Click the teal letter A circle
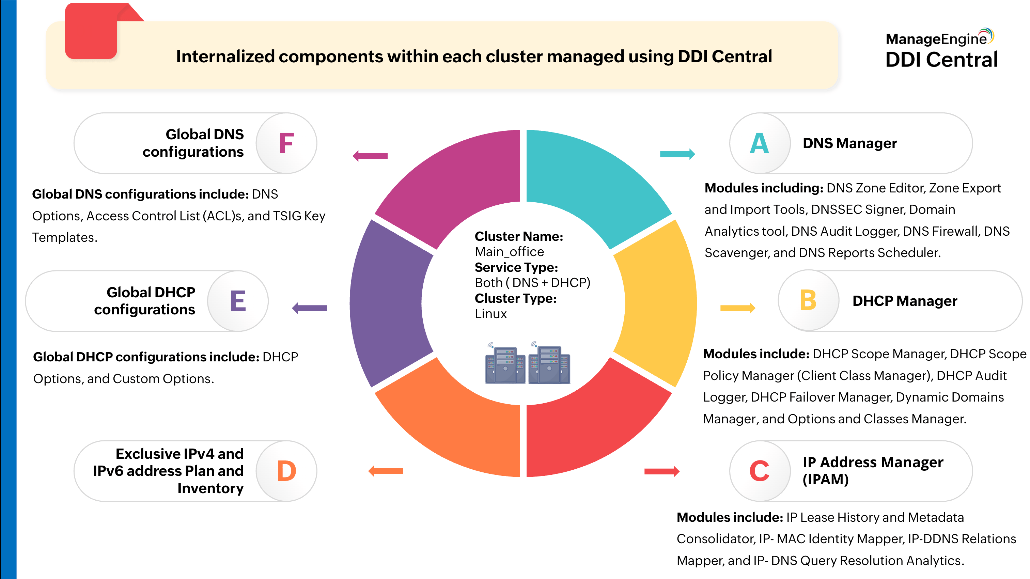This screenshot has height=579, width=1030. pos(759,143)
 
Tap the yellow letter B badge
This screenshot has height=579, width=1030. pos(808,300)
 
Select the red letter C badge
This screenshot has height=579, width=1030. pos(759,471)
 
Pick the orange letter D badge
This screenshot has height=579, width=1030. pos(286,471)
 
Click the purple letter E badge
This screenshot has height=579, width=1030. pos(238,301)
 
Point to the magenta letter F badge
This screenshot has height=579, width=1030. pos(286,143)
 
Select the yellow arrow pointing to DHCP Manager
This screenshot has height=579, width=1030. pos(737,308)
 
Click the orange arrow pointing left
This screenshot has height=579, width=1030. pos(386,471)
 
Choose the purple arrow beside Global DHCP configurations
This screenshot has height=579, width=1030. pos(310,308)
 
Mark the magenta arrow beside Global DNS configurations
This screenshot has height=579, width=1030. pos(370,156)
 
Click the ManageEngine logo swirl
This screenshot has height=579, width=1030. pos(986,35)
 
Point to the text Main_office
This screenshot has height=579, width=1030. pos(509,252)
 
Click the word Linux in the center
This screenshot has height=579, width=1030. pos(490,314)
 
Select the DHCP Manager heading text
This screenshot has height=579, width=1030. pos(904,301)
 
